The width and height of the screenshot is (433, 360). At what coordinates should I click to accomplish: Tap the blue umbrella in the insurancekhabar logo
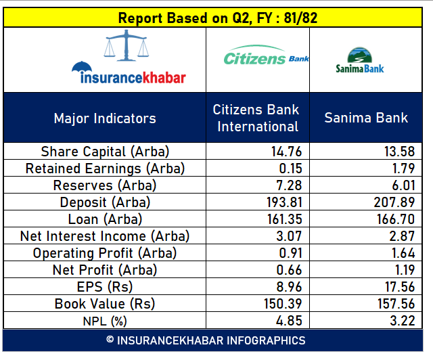click(82, 68)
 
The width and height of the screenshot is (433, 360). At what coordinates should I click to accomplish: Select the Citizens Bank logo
click(265, 59)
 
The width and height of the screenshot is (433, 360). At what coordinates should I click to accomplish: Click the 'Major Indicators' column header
click(105, 118)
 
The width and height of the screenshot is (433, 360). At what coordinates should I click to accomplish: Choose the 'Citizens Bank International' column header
click(257, 118)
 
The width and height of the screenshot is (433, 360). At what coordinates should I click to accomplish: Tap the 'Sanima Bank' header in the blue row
click(366, 118)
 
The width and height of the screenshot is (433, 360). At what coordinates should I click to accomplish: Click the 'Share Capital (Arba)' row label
click(105, 152)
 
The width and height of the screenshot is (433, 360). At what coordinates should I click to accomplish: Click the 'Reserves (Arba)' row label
click(105, 185)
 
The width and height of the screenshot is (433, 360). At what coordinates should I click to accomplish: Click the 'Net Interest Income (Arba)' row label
click(105, 236)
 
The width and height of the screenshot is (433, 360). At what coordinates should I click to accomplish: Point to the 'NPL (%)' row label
click(105, 321)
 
